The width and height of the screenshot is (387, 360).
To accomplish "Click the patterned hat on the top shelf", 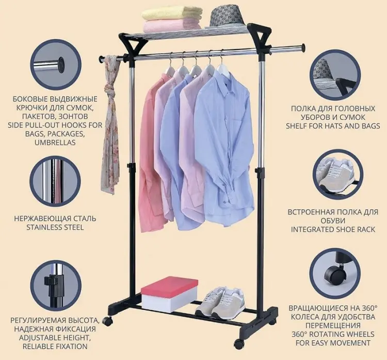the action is click(227, 17).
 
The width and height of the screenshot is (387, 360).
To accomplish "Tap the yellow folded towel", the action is click(172, 13).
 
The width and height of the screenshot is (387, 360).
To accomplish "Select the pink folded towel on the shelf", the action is click(172, 25).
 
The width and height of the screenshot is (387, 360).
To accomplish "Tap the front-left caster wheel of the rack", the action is click(107, 321).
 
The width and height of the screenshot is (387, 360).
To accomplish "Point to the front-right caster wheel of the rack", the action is click(239, 343).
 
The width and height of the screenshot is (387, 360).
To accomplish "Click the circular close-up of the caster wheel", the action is click(335, 273).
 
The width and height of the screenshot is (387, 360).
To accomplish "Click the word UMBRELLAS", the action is click(55, 143).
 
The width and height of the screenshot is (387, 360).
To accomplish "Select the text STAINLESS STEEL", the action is click(55, 227).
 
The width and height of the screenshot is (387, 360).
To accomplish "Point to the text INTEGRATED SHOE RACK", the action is click(333, 229).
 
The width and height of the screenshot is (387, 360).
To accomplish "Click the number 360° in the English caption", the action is click(300, 334).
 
